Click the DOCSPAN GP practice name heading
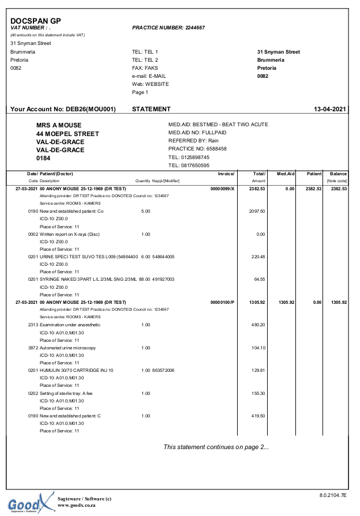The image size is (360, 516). tap(35, 21)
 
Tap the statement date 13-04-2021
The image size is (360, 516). tap(329, 109)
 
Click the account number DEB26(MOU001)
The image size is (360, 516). tap(90, 109)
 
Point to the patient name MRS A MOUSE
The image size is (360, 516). tap(59, 125)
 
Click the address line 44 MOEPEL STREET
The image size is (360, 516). tap(67, 134)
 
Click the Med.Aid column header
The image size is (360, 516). tap(286, 174)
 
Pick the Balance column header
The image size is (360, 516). tap(338, 174)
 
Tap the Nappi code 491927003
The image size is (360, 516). tap(164, 279)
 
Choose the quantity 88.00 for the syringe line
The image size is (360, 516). tap(145, 279)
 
